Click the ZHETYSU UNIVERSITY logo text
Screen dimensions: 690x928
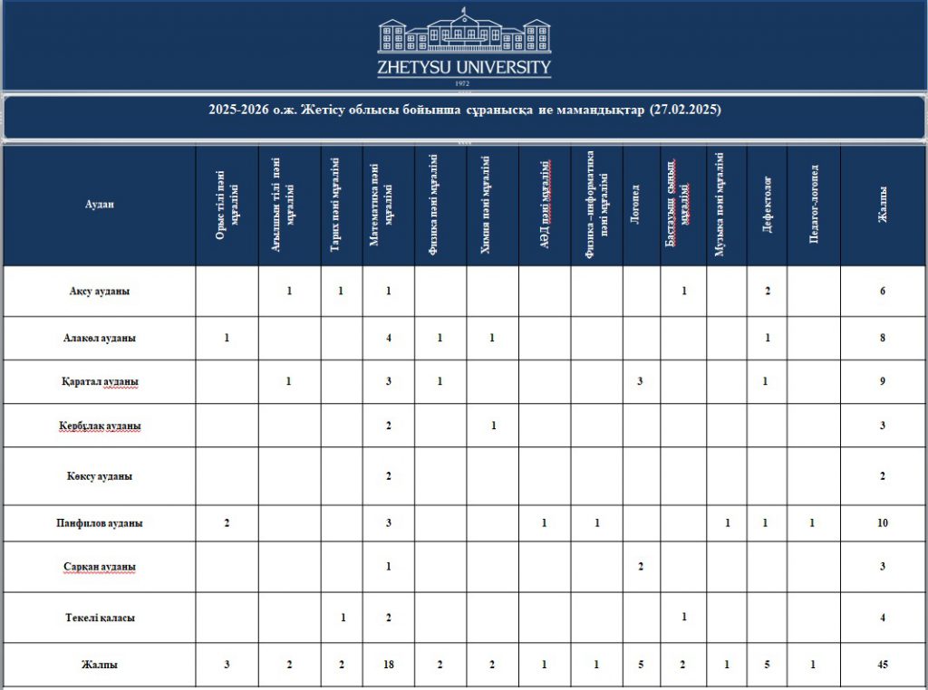click(464, 68)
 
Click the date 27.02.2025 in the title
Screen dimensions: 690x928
click(685, 110)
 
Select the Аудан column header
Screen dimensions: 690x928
click(100, 205)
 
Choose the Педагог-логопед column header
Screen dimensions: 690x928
click(814, 205)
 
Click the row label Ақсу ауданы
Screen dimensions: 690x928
click(100, 292)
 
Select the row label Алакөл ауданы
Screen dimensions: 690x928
click(100, 338)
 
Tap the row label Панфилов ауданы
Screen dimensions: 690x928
click(100, 523)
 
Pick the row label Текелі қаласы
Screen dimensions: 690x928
click(100, 618)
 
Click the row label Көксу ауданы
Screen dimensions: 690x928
click(100, 475)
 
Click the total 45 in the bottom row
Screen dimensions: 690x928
click(882, 665)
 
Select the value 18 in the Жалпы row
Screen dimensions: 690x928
click(389, 665)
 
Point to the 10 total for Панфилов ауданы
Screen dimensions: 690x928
click(882, 523)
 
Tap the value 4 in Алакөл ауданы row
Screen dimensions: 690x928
click(389, 338)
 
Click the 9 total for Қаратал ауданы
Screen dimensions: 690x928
click(882, 381)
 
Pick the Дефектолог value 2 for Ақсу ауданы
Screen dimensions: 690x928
click(767, 292)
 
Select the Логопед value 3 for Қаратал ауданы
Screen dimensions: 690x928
click(641, 381)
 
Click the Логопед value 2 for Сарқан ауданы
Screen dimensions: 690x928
click(641, 567)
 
